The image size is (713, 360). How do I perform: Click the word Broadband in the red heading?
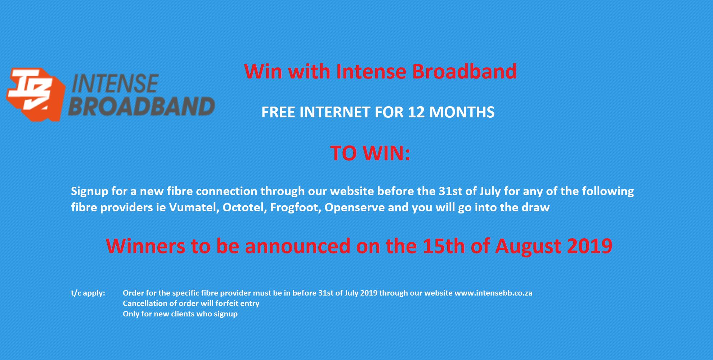(464, 71)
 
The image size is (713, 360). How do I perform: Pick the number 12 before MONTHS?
(417, 112)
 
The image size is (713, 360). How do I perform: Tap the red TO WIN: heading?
(370, 153)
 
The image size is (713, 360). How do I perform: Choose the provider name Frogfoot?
(296, 207)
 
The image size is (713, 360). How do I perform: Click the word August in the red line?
(528, 247)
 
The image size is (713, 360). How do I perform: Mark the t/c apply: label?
(88, 293)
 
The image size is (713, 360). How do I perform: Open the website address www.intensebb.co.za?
(493, 293)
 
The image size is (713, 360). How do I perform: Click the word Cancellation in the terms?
(145, 303)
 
